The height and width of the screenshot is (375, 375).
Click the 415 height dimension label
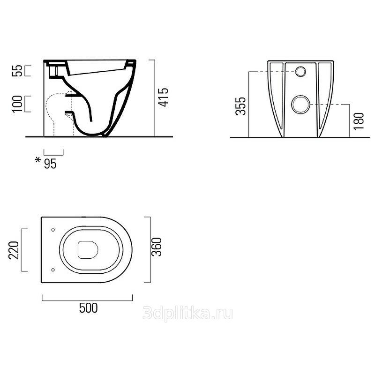163,97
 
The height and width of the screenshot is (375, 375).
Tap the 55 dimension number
17,71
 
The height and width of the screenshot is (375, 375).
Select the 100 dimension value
17,104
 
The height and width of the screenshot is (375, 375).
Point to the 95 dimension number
50,164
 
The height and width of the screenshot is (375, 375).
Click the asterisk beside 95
38,159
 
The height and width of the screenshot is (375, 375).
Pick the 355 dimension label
240,106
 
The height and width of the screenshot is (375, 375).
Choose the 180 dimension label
359,121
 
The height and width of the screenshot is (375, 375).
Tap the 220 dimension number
14,250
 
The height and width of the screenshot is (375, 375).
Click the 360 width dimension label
157,247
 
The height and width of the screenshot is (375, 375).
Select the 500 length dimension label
89,308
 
